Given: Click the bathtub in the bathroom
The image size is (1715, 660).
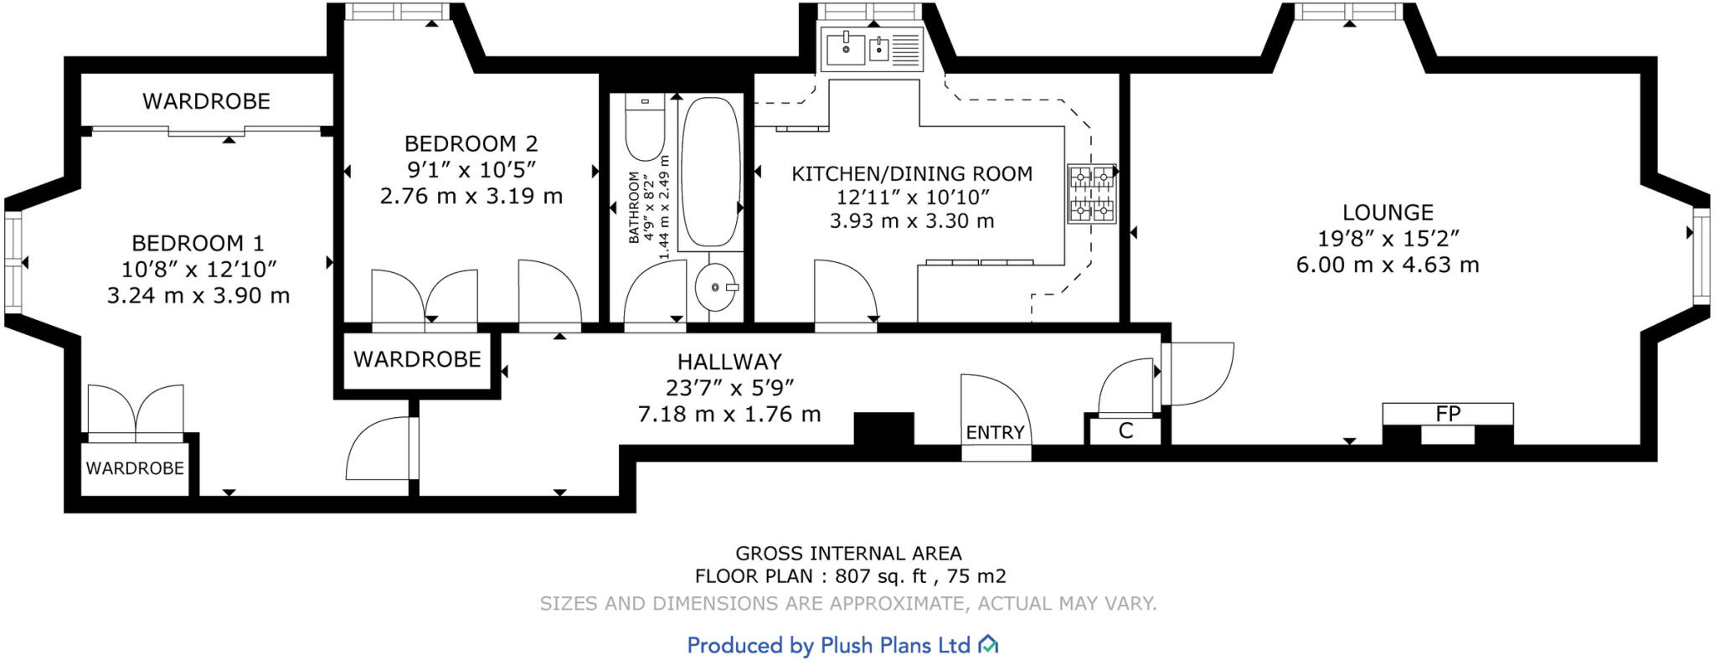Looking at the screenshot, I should (710, 172).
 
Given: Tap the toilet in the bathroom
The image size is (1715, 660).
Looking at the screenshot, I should (644, 130).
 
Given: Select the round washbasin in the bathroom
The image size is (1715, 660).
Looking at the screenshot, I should (715, 287).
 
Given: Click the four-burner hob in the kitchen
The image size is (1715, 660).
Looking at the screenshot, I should (1091, 193).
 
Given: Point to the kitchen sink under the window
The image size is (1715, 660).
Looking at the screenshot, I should (871, 49).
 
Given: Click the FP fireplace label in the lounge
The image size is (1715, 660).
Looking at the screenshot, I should (1447, 414).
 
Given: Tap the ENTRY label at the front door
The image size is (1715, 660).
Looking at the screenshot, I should (995, 432).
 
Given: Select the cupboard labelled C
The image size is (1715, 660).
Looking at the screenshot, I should (1125, 431).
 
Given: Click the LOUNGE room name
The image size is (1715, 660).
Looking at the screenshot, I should (1388, 213).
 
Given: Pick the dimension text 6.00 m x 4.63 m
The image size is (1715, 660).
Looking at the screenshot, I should (1388, 266).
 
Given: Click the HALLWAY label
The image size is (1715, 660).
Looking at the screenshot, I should (729, 362).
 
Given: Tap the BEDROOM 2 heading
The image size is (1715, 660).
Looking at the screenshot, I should (471, 144).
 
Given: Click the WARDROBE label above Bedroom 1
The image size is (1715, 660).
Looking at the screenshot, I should (206, 101).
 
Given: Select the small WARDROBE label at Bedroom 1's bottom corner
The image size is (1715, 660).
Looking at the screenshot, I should (135, 468).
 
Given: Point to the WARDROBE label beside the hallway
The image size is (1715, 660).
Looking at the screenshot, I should (417, 359).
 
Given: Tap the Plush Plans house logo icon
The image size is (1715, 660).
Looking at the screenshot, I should (989, 644).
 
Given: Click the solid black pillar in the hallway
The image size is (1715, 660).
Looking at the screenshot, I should (883, 429).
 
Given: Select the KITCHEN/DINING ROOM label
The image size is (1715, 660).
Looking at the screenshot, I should (912, 174).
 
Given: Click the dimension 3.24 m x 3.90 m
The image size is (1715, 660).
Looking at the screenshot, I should (198, 296).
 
